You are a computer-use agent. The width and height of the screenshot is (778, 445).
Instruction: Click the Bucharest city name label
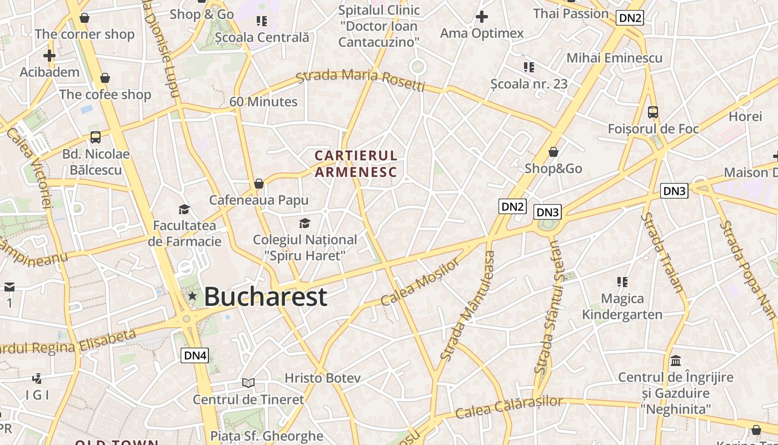coord(265,296)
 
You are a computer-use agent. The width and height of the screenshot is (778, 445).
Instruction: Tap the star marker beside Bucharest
coord(192,296)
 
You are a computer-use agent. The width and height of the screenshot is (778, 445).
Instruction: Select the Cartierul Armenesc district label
coord(356,164)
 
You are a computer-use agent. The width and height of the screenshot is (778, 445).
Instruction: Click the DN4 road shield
coord(194,355)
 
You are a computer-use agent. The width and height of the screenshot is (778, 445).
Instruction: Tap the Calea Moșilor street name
coord(421,282)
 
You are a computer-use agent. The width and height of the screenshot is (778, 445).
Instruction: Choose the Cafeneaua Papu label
coord(258,200)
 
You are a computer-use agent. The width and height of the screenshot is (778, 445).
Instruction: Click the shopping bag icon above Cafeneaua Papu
coord(258,183)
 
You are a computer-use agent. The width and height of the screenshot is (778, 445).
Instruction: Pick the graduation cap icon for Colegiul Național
coord(305,224)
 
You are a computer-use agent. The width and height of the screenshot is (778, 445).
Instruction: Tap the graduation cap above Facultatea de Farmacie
coord(184,209)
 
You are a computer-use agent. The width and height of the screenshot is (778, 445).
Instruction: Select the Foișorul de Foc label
coord(653,128)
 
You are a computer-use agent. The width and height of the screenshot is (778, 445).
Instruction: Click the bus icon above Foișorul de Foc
coord(653,112)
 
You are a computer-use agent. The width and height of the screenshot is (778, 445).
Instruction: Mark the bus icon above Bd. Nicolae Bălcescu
coord(96,137)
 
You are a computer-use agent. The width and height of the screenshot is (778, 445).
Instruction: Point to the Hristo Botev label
coord(322,378)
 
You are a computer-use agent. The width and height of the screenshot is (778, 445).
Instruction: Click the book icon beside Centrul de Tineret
coord(248,383)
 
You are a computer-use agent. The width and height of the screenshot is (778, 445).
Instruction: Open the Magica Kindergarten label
coord(622,306)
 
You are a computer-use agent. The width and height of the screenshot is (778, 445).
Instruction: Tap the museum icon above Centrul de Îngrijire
coord(676,361)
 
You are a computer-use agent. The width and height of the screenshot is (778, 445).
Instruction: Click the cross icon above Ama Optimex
coord(482,17)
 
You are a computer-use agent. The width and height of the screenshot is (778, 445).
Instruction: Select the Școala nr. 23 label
coord(529,84)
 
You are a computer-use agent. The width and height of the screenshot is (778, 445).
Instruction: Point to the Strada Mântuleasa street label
coord(467,306)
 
